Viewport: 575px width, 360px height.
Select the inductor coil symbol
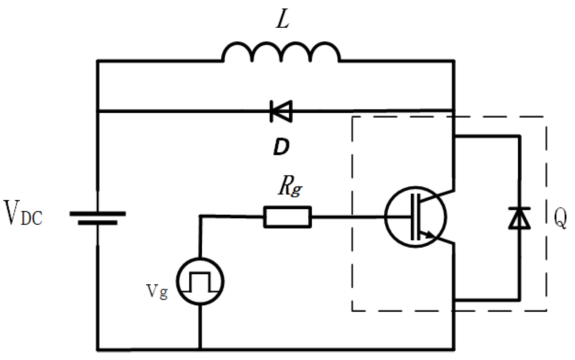click(281, 53)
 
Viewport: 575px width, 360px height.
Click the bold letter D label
click(281, 147)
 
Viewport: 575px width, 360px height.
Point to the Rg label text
click(290, 187)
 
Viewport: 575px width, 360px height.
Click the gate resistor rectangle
click(287, 217)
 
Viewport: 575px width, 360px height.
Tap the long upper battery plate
click(97, 214)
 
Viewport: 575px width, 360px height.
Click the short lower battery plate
click(97, 223)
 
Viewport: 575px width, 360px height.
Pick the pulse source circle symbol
click(200, 281)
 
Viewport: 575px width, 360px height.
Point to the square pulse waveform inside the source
click(200, 282)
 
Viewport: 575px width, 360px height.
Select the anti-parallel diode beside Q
click(519, 218)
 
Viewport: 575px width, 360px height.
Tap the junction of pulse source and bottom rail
click(200, 349)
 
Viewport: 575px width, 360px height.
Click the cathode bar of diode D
click(271, 111)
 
